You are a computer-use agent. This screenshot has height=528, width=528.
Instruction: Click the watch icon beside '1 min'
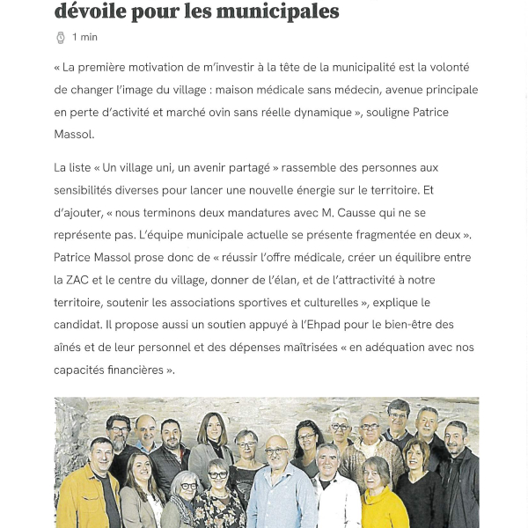(61, 37)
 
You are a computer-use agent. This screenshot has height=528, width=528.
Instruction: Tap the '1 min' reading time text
(85, 37)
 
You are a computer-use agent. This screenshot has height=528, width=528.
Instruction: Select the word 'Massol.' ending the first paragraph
(74, 135)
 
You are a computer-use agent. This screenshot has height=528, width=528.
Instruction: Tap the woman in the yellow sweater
(384, 497)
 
